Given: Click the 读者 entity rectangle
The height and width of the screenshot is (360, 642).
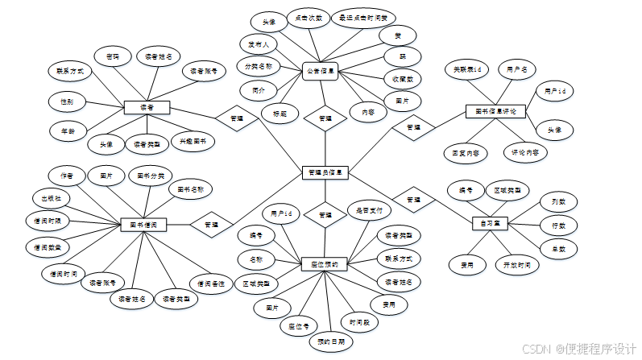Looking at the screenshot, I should tap(147, 107).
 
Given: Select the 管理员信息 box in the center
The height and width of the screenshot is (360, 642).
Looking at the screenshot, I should tap(325, 172).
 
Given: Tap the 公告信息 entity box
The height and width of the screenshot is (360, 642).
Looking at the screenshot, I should tap(321, 71).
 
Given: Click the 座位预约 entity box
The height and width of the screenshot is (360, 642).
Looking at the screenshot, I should tap(324, 263).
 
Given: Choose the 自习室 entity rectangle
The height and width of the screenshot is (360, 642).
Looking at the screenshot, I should tap(491, 222).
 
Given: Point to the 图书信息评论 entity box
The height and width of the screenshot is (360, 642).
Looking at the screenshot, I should tap(495, 110).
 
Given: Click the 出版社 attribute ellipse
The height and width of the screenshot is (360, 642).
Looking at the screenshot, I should tap(51, 197).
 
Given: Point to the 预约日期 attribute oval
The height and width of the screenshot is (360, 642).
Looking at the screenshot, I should tap(330, 341).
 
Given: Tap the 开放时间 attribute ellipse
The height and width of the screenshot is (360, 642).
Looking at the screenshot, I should tap(516, 264).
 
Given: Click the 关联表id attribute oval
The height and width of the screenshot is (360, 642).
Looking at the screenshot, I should tap(467, 71).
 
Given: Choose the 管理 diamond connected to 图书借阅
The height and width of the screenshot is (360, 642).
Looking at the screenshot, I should tap(211, 225).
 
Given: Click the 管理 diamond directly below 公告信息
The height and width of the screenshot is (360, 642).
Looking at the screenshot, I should tap(325, 118).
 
